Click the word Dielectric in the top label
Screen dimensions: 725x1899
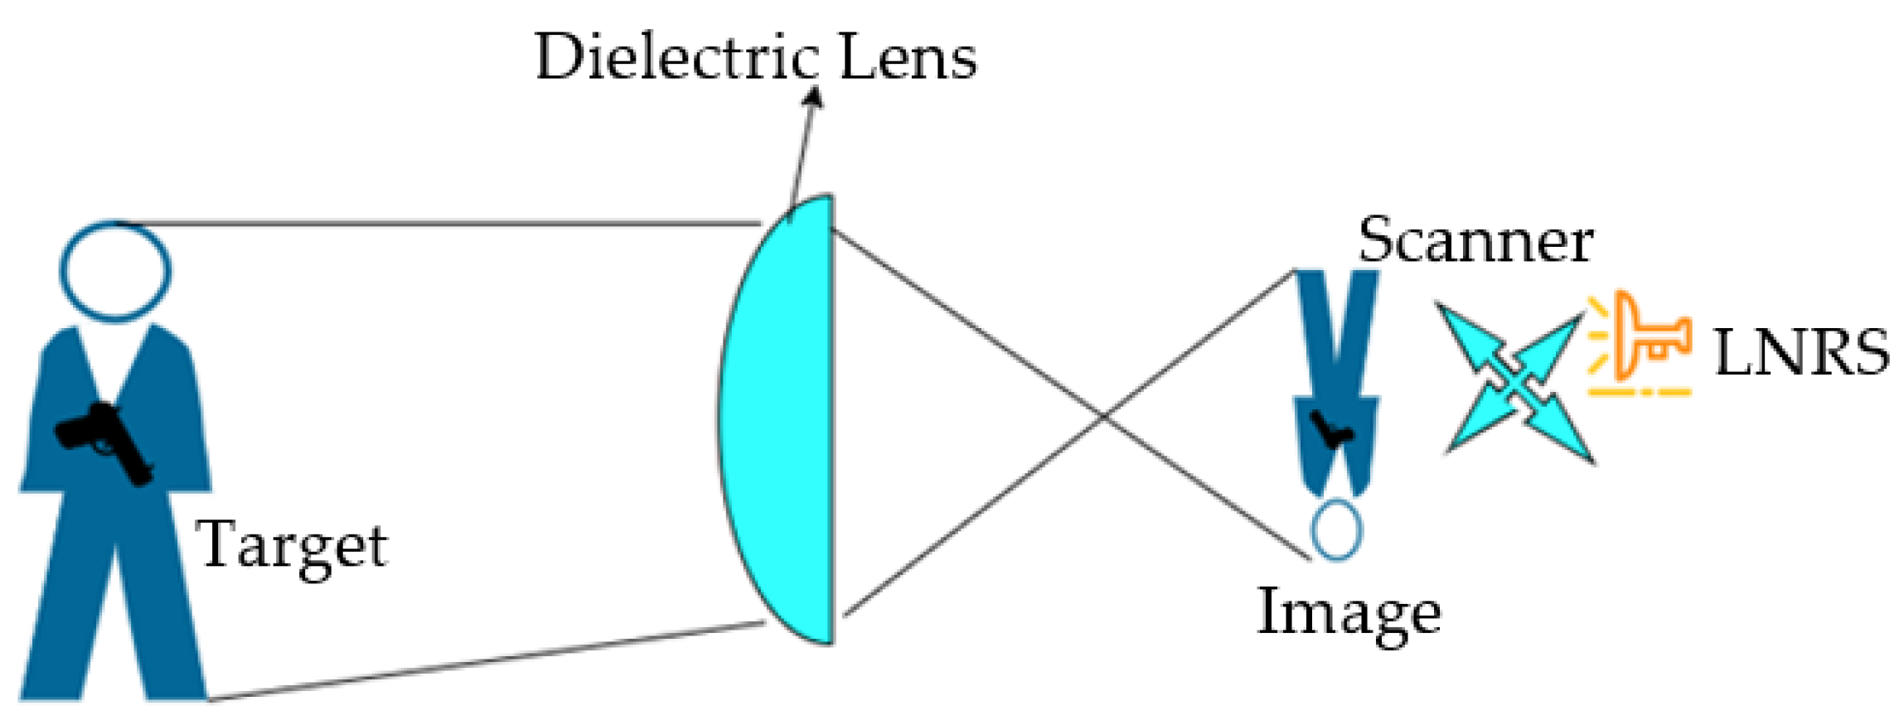tap(676, 58)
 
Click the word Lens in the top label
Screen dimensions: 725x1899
tap(908, 58)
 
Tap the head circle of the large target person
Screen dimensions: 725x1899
tap(115, 271)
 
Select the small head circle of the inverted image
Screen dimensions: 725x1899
tap(1335, 529)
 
